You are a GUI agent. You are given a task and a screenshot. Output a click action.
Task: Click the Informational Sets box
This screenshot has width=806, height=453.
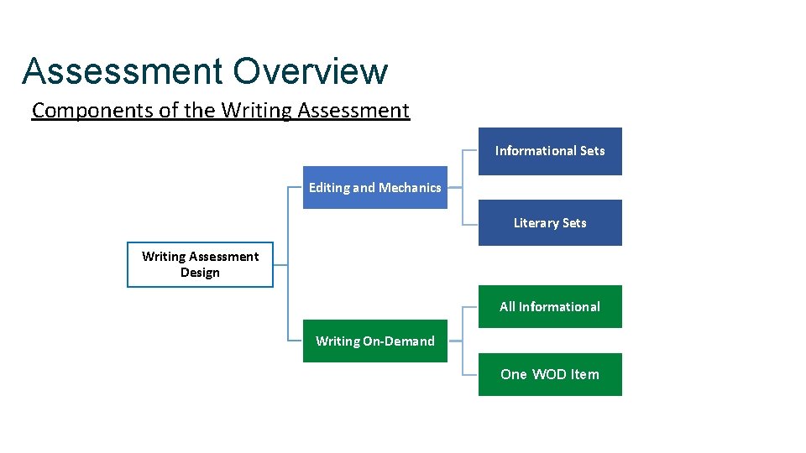(x=550, y=151)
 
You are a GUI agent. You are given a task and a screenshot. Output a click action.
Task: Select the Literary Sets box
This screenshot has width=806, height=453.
(x=550, y=222)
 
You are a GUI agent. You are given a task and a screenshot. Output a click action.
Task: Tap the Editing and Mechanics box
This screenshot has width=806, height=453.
(x=374, y=187)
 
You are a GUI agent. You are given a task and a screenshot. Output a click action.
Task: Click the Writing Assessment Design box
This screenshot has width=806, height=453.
(x=200, y=264)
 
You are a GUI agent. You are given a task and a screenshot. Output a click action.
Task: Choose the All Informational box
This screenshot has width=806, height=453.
(x=550, y=306)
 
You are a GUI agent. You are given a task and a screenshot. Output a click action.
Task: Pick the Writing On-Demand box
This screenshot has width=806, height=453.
(x=374, y=341)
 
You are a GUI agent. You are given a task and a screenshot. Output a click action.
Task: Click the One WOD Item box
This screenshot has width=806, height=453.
(x=550, y=374)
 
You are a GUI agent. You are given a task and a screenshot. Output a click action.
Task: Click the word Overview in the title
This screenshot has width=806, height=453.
(x=311, y=71)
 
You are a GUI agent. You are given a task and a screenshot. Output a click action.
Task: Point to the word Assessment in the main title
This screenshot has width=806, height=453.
(x=123, y=71)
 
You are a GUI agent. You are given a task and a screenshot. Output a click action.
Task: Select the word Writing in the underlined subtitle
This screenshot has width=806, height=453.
(x=251, y=110)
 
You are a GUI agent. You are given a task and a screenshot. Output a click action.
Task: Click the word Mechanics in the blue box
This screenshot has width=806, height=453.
(x=410, y=187)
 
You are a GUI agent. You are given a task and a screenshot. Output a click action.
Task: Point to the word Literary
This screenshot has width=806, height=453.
(x=536, y=222)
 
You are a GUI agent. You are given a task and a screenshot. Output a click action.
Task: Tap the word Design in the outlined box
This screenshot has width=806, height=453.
(x=200, y=273)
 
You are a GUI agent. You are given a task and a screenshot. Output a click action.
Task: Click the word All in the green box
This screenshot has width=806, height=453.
(x=507, y=306)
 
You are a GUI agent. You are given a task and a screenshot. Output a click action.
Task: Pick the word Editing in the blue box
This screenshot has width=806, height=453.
(x=328, y=187)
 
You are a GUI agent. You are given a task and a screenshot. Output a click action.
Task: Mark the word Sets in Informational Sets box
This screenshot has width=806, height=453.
(x=590, y=151)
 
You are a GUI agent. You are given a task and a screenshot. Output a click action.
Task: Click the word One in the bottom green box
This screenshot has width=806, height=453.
(x=513, y=374)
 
